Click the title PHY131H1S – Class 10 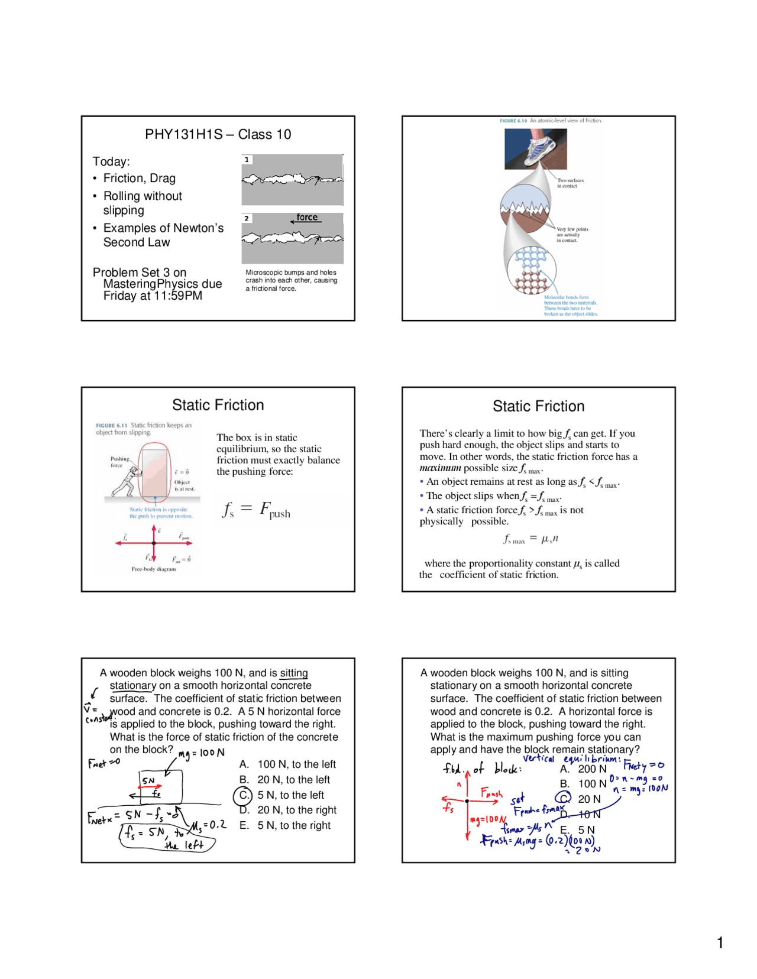coord(218,134)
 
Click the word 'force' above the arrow coord(307,217)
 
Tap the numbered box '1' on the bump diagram coord(247,160)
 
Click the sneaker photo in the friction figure coord(535,148)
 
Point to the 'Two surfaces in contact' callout coord(570,183)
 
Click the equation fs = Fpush coord(257,510)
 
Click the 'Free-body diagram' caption coord(154,569)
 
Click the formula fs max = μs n coord(530,539)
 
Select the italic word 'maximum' coord(440,468)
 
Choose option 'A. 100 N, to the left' coord(287,764)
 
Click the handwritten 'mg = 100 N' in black coord(202,753)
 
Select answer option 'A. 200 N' coord(584,769)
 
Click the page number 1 coord(720,943)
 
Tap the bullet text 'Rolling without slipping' coord(142,203)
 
